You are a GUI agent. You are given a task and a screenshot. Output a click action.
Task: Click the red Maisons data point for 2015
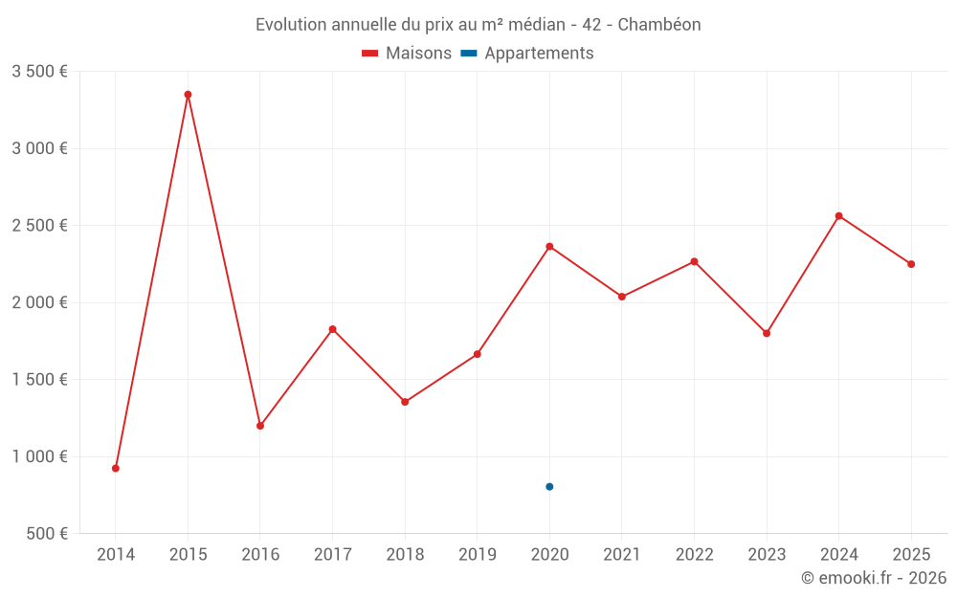[188, 95]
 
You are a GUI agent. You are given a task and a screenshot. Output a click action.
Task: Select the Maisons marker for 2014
[116, 468]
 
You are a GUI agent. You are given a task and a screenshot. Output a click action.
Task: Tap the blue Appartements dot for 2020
[549, 487]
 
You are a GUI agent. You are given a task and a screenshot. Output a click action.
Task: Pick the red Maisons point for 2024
[838, 216]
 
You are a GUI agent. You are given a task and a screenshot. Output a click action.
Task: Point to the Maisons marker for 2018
[405, 402]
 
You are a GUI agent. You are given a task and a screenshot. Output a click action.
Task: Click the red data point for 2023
[767, 333]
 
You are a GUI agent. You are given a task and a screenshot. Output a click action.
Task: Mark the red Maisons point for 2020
[549, 247]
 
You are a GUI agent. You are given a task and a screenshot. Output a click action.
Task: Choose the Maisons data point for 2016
[260, 426]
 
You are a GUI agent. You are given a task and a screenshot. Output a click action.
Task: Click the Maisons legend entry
[407, 54]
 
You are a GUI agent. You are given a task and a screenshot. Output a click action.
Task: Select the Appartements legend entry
[527, 54]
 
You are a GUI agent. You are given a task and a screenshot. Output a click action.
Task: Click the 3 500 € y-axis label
[39, 72]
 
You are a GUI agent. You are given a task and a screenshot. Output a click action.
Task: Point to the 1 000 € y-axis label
[39, 456]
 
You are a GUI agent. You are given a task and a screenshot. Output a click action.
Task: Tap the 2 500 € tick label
[39, 226]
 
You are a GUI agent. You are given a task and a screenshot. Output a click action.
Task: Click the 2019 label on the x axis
[477, 554]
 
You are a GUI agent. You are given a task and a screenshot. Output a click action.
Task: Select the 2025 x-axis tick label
[910, 554]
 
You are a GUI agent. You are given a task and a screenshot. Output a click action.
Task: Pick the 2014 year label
[116, 554]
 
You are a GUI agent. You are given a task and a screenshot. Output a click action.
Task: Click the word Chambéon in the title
[659, 25]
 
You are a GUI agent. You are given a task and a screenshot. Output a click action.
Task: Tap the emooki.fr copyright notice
[873, 578]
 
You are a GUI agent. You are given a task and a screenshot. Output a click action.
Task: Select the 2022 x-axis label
[694, 554]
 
